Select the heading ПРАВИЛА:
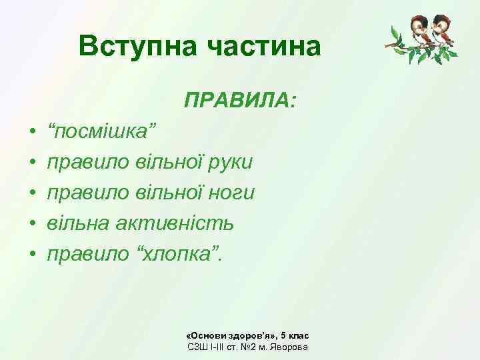click(241, 101)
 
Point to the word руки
click(228, 162)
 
